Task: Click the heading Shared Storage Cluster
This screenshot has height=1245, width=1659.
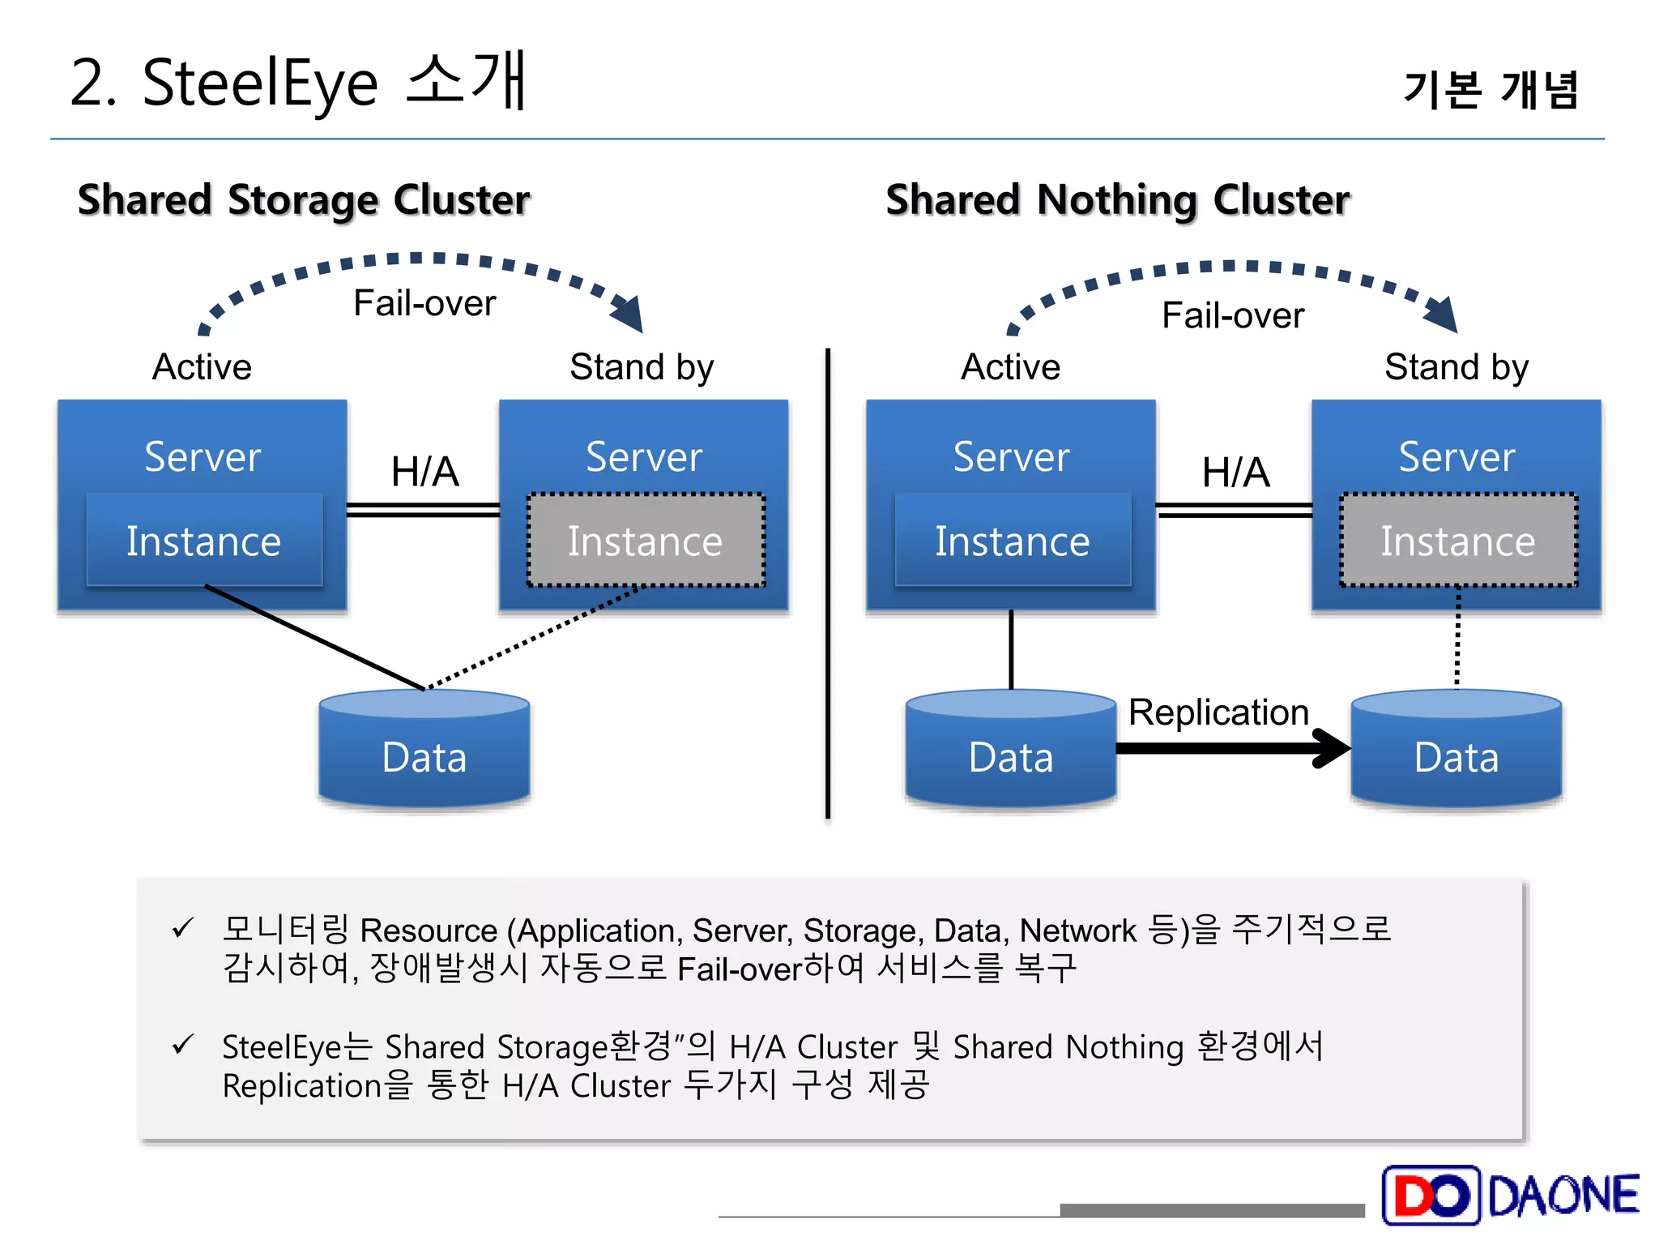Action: click(x=304, y=199)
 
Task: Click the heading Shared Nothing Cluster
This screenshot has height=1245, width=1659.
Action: click(x=1117, y=199)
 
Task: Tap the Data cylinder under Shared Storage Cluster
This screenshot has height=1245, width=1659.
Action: click(x=424, y=750)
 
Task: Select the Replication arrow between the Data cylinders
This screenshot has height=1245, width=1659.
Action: click(x=1231, y=747)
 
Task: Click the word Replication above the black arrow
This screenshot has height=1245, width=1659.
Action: click(x=1218, y=712)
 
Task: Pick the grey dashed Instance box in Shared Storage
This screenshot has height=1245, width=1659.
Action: click(x=645, y=541)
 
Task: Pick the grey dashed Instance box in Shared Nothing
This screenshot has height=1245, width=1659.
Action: click(x=1457, y=541)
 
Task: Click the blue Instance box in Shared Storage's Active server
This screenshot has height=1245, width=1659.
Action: click(x=203, y=541)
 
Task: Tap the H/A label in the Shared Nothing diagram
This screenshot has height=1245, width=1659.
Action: click(x=1235, y=472)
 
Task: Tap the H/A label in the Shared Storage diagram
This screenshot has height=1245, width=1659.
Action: click(x=424, y=472)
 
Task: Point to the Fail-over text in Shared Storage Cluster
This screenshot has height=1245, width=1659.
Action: click(x=424, y=303)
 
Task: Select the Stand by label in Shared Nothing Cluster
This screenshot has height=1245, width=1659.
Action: click(x=1456, y=367)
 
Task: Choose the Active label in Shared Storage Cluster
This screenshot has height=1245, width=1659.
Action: click(x=202, y=367)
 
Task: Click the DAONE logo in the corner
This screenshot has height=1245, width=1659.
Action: click(x=1510, y=1195)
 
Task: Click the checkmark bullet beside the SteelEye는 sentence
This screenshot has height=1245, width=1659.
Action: click(x=182, y=1045)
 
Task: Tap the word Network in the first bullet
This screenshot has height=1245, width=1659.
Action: click(x=1077, y=931)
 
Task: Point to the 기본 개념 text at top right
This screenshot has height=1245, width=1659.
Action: click(x=1491, y=89)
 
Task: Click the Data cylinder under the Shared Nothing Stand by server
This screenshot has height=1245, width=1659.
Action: click(x=1456, y=750)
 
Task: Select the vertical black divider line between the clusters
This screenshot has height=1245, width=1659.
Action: click(x=827, y=584)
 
